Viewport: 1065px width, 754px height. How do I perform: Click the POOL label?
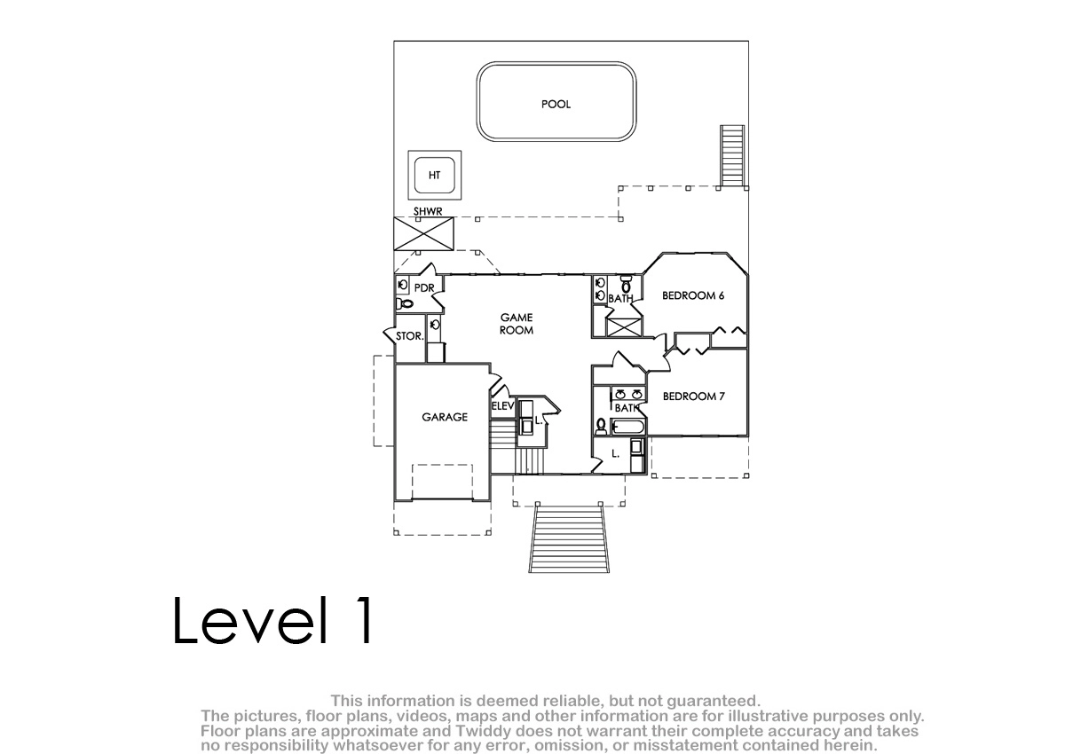(556, 104)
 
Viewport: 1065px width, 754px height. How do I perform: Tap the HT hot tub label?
(434, 176)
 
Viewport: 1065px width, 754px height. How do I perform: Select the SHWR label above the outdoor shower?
(428, 211)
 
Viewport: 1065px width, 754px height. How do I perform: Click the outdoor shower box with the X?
(423, 233)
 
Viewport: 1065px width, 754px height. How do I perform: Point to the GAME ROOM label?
(517, 324)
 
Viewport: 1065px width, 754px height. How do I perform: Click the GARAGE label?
(445, 417)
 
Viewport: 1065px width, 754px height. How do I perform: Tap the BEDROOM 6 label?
(693, 295)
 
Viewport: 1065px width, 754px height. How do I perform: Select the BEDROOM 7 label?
(694, 397)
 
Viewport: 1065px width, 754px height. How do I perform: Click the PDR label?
(424, 288)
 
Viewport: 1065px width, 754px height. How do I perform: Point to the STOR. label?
(409, 336)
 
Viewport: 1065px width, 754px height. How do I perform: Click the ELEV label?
(502, 405)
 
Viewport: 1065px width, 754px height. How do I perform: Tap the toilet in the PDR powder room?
(404, 303)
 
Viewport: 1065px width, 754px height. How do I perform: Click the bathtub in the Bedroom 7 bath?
(627, 426)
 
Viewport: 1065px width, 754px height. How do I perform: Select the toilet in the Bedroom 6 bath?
(627, 284)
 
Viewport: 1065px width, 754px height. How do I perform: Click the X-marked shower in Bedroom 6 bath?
(624, 327)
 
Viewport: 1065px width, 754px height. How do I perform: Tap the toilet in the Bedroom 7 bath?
(602, 426)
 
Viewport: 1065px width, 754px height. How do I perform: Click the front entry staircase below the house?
(569, 538)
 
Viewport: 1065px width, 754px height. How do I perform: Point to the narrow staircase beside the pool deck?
(732, 156)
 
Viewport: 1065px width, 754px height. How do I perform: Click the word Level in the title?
(250, 621)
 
